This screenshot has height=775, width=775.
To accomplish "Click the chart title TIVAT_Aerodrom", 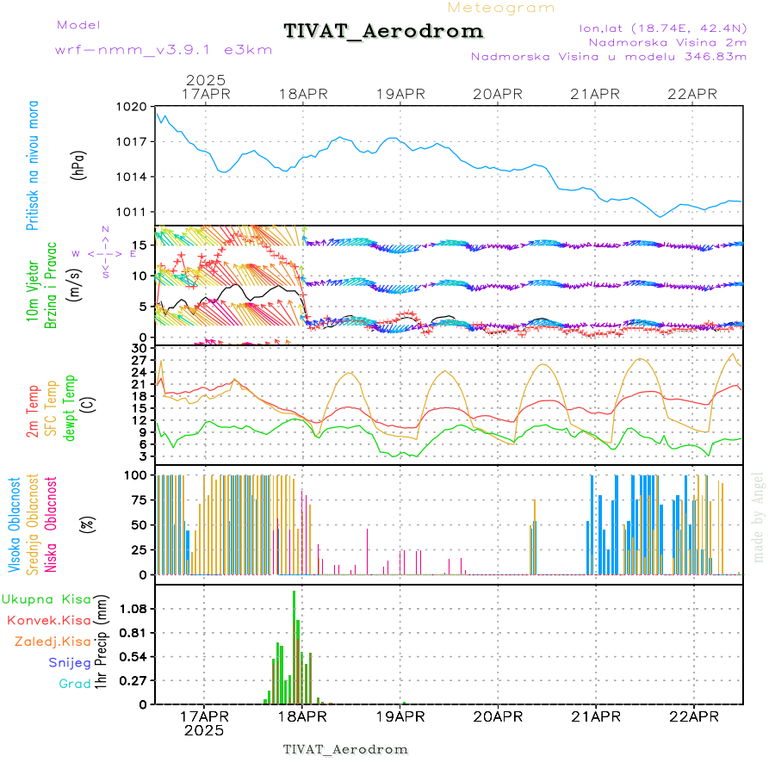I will (383, 31).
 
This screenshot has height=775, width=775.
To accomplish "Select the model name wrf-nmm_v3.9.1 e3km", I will (164, 49).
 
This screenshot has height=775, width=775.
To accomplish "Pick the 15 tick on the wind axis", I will (141, 245).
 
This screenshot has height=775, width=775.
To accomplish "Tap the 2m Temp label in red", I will (34, 412).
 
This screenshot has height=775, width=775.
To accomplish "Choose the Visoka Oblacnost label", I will (15, 524).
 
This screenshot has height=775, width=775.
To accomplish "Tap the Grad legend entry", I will (75, 684).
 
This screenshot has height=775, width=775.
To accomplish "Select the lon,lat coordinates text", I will (663, 28).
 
